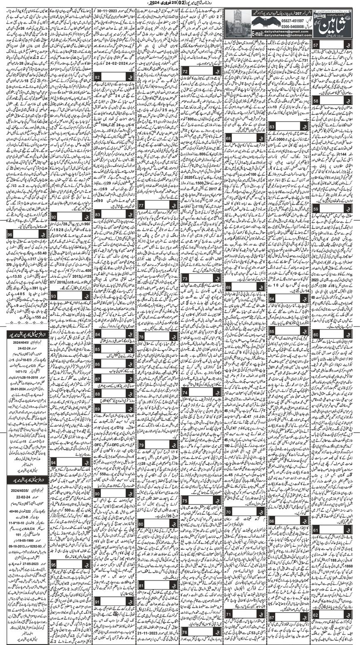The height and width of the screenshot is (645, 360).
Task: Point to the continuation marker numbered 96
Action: pyautogui.click(x=10, y=235)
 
